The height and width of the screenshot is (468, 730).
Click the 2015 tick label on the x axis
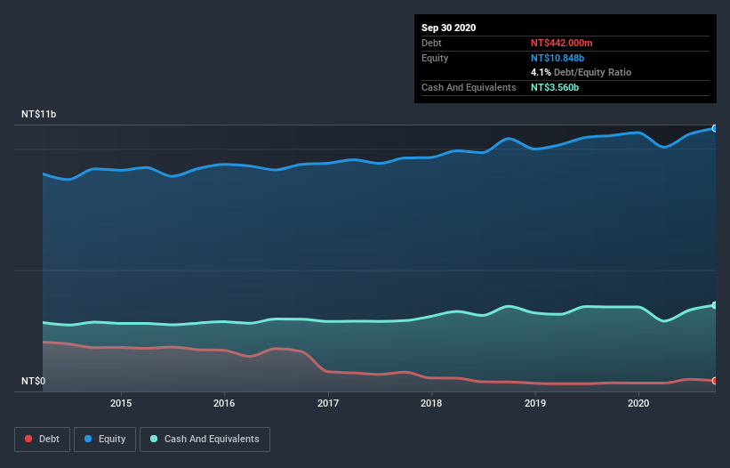click(x=121, y=403)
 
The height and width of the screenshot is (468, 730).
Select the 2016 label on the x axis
click(x=224, y=403)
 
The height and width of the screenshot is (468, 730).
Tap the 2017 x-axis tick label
click(x=328, y=403)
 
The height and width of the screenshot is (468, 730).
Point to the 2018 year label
click(x=431, y=403)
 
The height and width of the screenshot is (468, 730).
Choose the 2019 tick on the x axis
click(x=535, y=403)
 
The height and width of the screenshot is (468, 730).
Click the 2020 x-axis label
click(x=638, y=403)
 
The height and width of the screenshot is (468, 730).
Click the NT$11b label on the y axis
click(x=40, y=115)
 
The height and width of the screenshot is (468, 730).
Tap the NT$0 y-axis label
click(x=34, y=382)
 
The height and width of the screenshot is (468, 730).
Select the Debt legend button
click(x=42, y=439)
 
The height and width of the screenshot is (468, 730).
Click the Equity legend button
click(x=105, y=439)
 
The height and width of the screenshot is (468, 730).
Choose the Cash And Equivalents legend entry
click(x=205, y=439)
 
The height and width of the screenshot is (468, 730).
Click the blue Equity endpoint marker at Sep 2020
click(x=715, y=128)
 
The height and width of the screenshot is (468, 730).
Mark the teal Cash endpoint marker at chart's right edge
click(x=715, y=305)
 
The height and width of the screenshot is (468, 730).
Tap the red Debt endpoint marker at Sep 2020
click(x=715, y=381)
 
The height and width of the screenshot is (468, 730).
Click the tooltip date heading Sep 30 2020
click(x=449, y=28)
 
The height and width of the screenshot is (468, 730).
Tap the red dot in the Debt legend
click(x=29, y=439)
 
